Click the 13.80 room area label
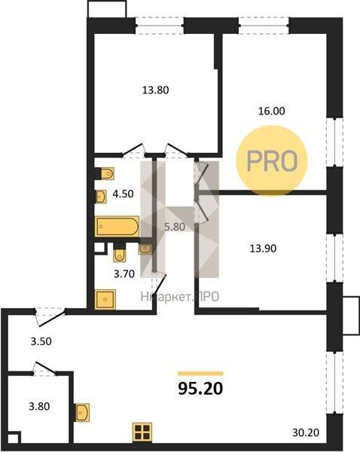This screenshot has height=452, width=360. coord(155,90)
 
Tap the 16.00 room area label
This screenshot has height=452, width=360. coord(272,111)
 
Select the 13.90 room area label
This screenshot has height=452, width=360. coord(263,248)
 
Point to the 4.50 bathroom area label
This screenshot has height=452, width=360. coord(123,194)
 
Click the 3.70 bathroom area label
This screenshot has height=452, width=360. coord(124,273)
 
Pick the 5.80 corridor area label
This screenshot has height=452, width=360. coord(175,227)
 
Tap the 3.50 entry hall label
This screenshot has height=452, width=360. coord(41,341)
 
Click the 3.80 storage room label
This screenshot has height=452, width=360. coord(39,407)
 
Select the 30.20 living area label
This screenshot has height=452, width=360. coord(306,432)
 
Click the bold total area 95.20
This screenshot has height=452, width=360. coord(200,389)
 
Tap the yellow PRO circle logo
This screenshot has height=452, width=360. coord(272,160)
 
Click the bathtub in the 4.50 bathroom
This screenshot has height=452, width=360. coord(117,227)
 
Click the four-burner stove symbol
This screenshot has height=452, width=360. coord(142,432)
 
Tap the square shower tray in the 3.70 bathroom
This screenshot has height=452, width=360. coord(105,300)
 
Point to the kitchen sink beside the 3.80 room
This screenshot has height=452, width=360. coord(82,413)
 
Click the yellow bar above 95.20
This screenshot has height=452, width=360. coord(200,374)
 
